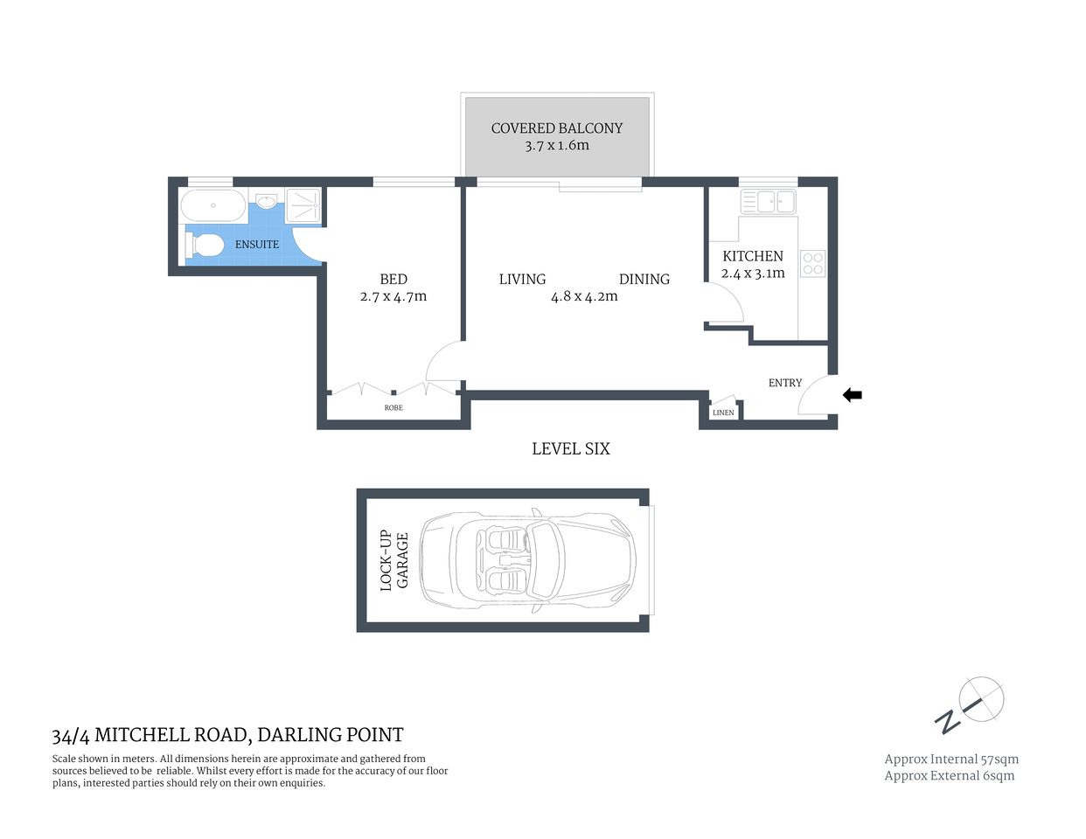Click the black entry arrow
pos(853,395)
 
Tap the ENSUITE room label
pos(257,245)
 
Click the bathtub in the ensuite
pos(213,208)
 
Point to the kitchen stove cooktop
pos(812,264)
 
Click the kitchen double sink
pos(768,202)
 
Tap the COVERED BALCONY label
pos(557,128)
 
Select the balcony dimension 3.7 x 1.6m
pos(557,146)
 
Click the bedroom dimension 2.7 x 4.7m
pos(393,297)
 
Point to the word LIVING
pos(522,280)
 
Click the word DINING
pos(644,280)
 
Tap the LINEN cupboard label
pos(723,413)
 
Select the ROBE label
pos(393,408)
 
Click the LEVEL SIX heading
pos(571,449)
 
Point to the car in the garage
pos(530,560)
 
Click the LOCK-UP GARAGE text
pos(394,560)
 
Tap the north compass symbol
pos(971,704)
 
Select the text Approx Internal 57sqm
pos(951,759)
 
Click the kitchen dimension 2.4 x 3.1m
pos(753,274)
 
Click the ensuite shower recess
pos(303,206)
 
